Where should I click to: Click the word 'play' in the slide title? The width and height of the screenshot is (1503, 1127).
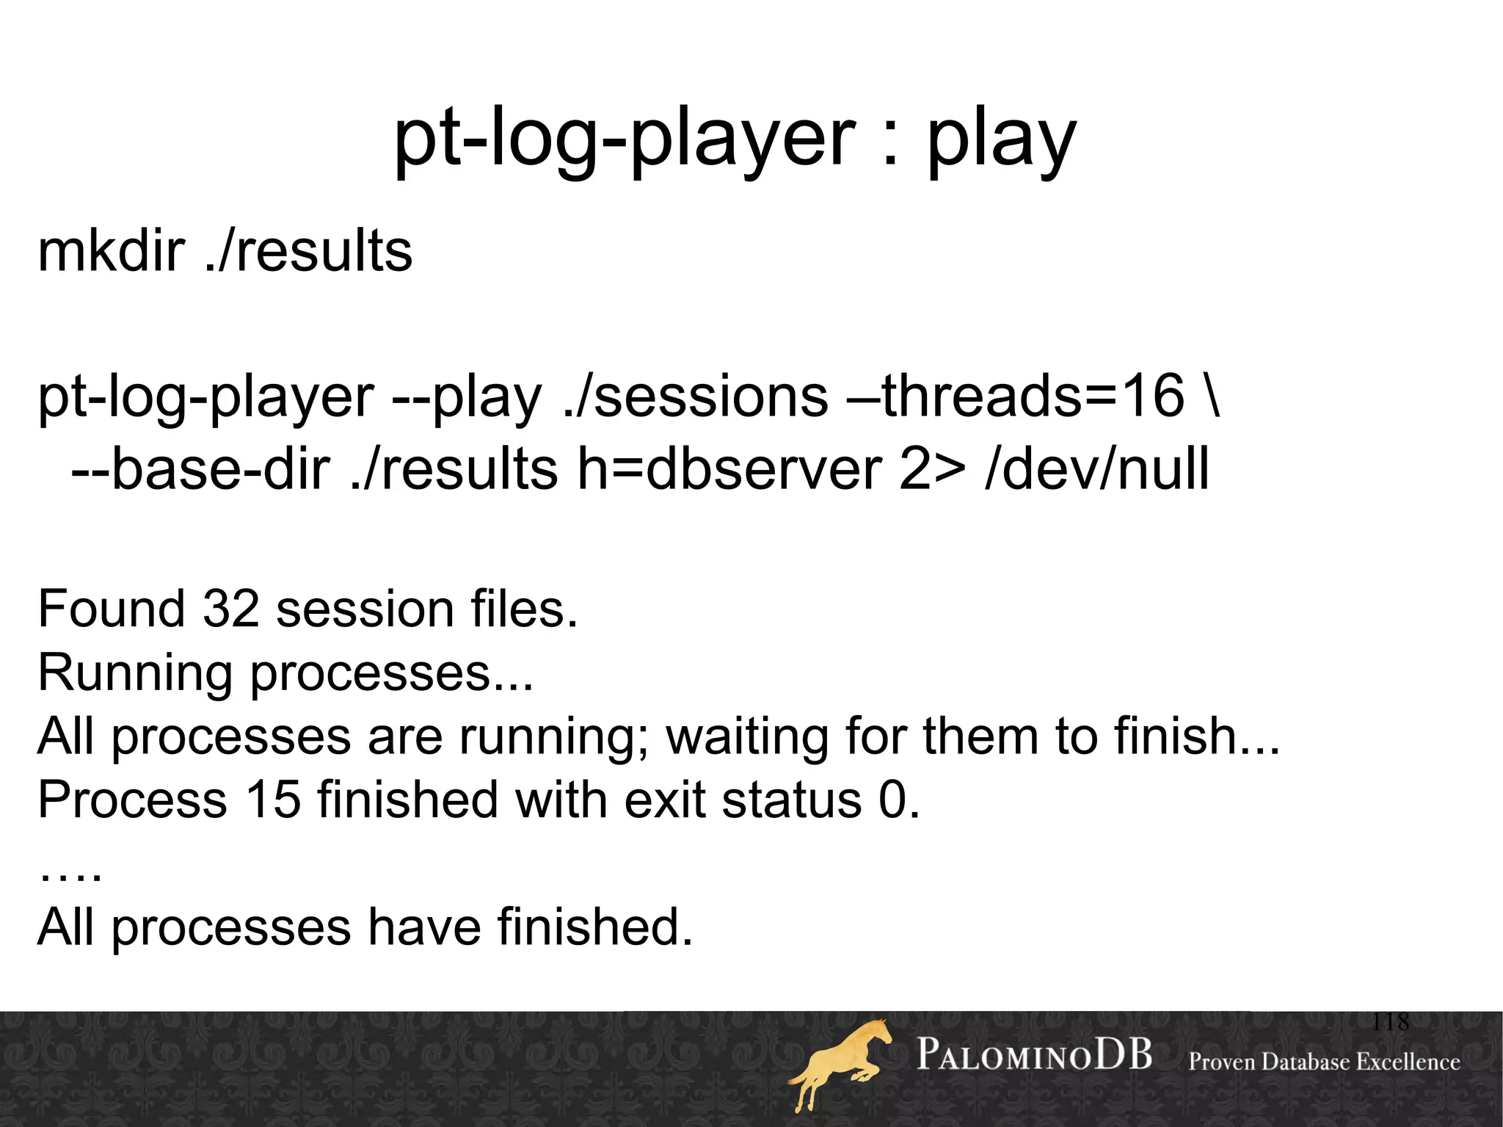1001,139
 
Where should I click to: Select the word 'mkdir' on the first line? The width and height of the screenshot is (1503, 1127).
110,251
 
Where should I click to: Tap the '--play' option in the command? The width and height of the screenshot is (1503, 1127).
467,396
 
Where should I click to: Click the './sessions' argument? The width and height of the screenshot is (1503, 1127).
696,396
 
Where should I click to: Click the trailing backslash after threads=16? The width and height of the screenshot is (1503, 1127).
1212,396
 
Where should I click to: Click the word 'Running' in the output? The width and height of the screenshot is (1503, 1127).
134,673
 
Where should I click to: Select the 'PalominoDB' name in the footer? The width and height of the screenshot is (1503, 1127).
1034,1055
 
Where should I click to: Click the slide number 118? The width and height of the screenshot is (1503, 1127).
1390,1021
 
